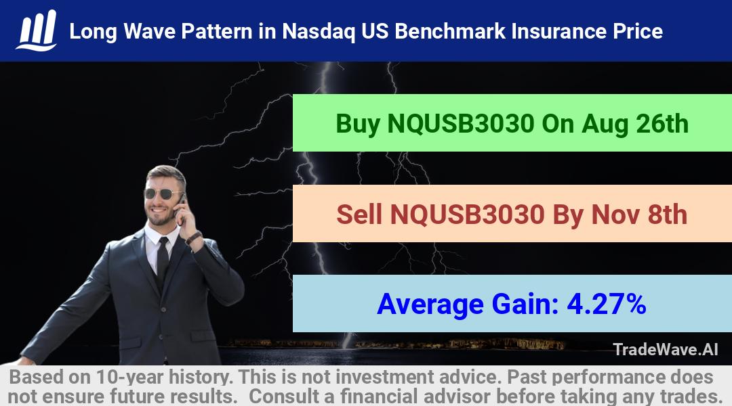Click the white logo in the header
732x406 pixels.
(37, 30)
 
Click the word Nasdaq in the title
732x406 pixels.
(319, 32)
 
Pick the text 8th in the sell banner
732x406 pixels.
(668, 215)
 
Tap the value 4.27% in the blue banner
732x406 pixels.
(607, 304)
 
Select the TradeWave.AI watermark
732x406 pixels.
(666, 349)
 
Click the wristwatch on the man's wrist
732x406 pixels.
(193, 238)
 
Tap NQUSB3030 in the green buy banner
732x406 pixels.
(461, 124)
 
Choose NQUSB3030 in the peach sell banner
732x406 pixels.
(467, 215)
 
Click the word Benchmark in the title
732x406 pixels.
(450, 31)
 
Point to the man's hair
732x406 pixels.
(167, 173)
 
